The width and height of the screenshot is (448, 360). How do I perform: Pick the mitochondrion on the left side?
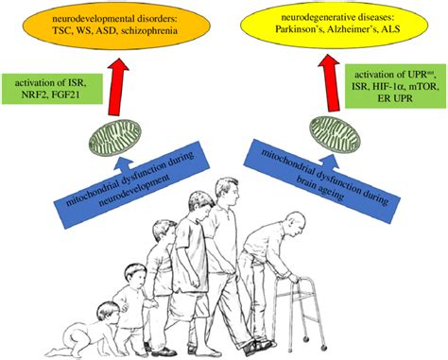tap(117, 142)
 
